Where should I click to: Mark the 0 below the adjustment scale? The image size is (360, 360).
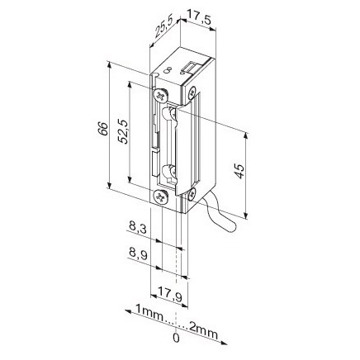click(x=175, y=339)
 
